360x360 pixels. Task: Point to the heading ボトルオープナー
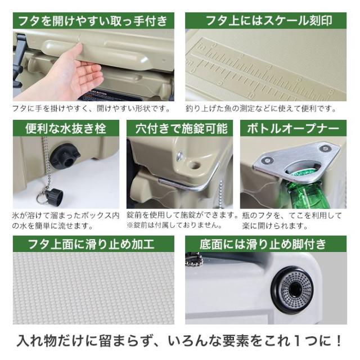click(x=293, y=129)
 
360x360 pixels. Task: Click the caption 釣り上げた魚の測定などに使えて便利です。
click(x=261, y=109)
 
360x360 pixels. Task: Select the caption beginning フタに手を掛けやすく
click(x=90, y=109)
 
